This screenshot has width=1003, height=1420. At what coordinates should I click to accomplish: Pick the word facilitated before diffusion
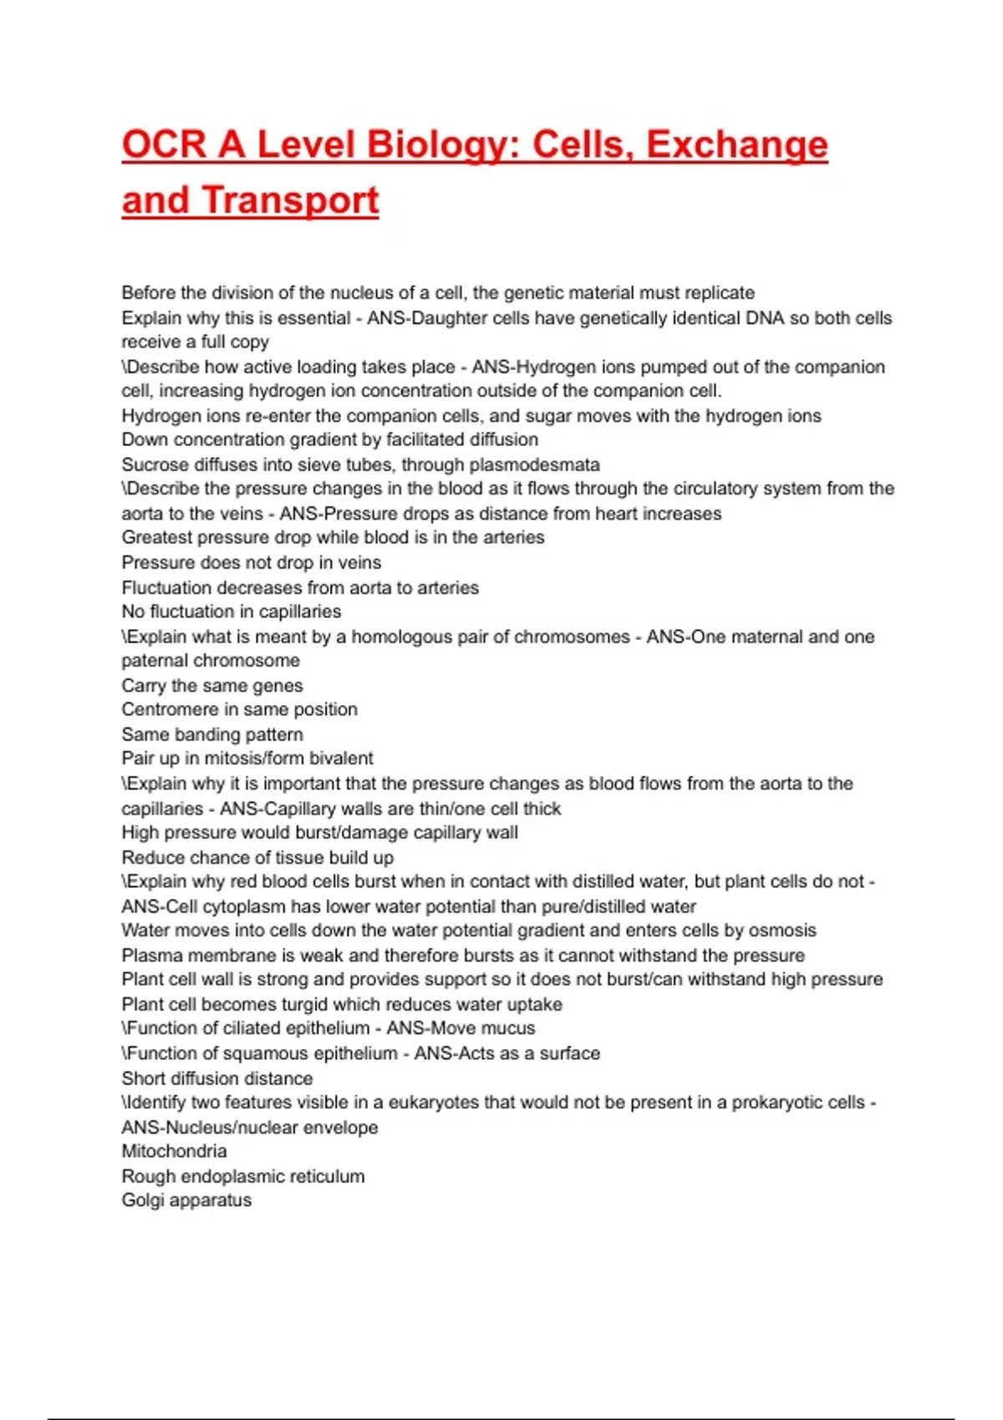(x=426, y=439)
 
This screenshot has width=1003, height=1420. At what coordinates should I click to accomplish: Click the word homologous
(x=403, y=636)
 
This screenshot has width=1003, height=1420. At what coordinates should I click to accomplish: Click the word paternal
(x=155, y=661)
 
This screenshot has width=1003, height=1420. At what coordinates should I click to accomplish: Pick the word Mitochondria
(x=174, y=1151)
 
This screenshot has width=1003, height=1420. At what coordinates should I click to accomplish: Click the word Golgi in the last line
(x=142, y=1200)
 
